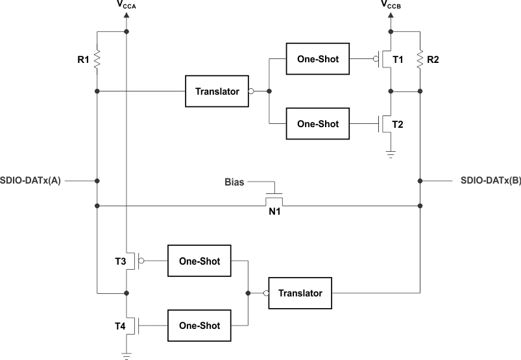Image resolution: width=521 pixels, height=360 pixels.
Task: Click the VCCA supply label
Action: (126, 6)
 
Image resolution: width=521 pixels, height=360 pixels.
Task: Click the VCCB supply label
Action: (391, 6)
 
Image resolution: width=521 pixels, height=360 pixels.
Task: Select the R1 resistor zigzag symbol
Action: (97, 60)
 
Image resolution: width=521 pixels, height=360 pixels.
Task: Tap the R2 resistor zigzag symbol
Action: (420, 60)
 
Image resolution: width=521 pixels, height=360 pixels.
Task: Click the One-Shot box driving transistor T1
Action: (317, 60)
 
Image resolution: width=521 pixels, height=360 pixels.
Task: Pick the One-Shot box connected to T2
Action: (317, 124)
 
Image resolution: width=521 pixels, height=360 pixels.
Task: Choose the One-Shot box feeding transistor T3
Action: (199, 261)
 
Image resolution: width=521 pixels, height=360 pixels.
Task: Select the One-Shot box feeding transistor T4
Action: (199, 326)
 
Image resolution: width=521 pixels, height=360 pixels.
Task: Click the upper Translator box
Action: (217, 91)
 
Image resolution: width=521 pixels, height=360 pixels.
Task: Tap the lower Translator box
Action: (300, 293)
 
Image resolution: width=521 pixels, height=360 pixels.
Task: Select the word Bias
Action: (234, 182)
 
